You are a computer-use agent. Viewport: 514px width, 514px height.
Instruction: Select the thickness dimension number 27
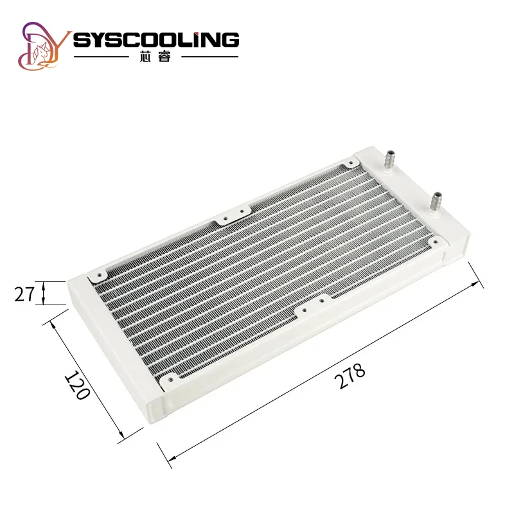(24, 294)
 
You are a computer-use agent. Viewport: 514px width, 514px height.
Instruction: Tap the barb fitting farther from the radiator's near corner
(389, 160)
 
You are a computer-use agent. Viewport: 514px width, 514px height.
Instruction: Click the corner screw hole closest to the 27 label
(100, 275)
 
